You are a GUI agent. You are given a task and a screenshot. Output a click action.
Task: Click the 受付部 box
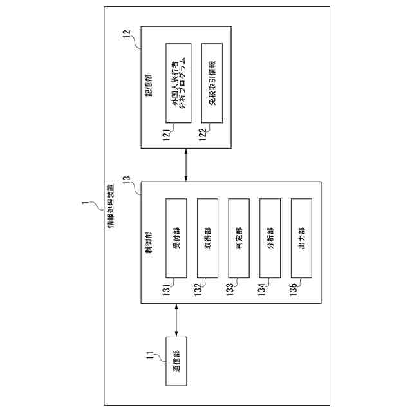(x=176, y=238)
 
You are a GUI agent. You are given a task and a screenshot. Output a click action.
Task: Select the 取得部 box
(x=207, y=238)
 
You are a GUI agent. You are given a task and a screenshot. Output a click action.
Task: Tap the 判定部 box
(x=238, y=238)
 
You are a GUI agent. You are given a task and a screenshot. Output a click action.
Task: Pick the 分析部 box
(x=270, y=238)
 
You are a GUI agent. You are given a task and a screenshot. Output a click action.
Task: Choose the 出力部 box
(x=301, y=238)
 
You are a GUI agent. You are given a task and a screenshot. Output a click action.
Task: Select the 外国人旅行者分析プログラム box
(x=176, y=82)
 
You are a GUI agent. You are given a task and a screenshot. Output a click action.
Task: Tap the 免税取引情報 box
(x=212, y=82)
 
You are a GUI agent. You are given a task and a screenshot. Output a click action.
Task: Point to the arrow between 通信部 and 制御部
(x=176, y=320)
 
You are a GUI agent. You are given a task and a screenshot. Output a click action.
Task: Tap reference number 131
(x=165, y=289)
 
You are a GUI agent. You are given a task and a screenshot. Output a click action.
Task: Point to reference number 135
(x=292, y=289)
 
